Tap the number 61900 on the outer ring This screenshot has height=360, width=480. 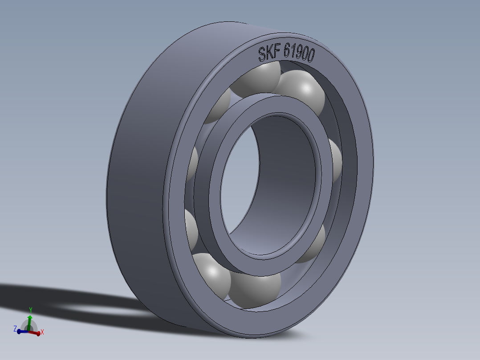coord(299,55)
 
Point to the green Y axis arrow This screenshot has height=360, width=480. coord(29,320)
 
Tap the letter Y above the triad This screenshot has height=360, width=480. coord(30,309)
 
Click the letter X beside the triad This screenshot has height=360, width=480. coord(42,332)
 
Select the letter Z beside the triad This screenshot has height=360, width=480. coord(15,328)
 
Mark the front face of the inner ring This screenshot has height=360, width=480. coord(267,263)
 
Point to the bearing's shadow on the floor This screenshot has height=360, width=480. coord(67,303)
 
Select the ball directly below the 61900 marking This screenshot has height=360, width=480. coord(303,91)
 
